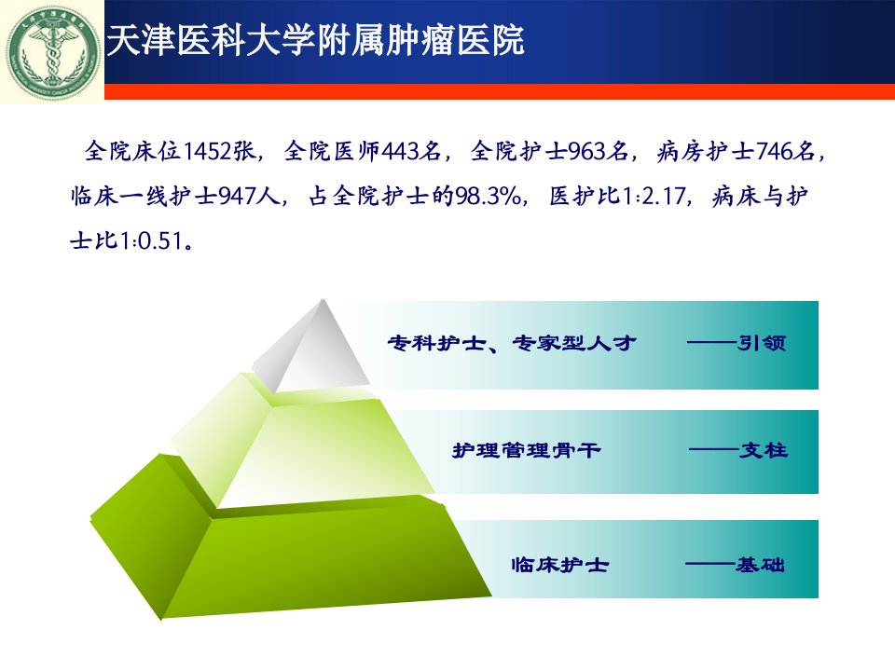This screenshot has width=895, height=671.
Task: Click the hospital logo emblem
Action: tap(52, 52)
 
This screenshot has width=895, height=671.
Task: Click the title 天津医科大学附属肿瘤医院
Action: tap(315, 40)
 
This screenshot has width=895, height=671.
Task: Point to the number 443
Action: tap(400, 152)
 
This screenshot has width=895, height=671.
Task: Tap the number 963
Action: tap(586, 152)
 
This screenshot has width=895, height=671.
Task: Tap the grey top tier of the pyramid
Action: tap(311, 345)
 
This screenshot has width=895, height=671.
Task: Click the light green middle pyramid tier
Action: tap(302, 440)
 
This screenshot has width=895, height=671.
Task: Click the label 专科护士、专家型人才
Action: tap(512, 343)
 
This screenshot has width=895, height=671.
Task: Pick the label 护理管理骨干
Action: tap(526, 451)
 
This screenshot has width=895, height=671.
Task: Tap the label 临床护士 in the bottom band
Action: tap(560, 565)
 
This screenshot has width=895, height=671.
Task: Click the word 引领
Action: tap(762, 343)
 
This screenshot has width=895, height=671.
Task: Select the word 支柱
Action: tap(764, 451)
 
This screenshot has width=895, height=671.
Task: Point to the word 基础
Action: tap(760, 565)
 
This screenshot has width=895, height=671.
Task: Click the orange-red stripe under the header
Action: tap(500, 91)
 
